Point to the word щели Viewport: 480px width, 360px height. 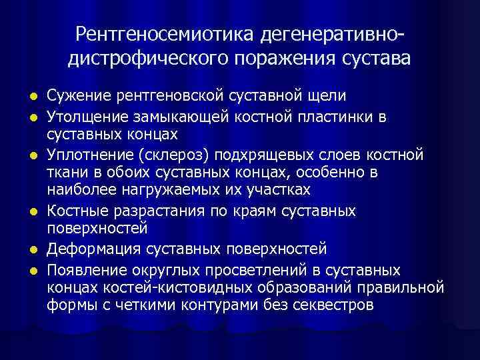pyautogui.click(x=328, y=97)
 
